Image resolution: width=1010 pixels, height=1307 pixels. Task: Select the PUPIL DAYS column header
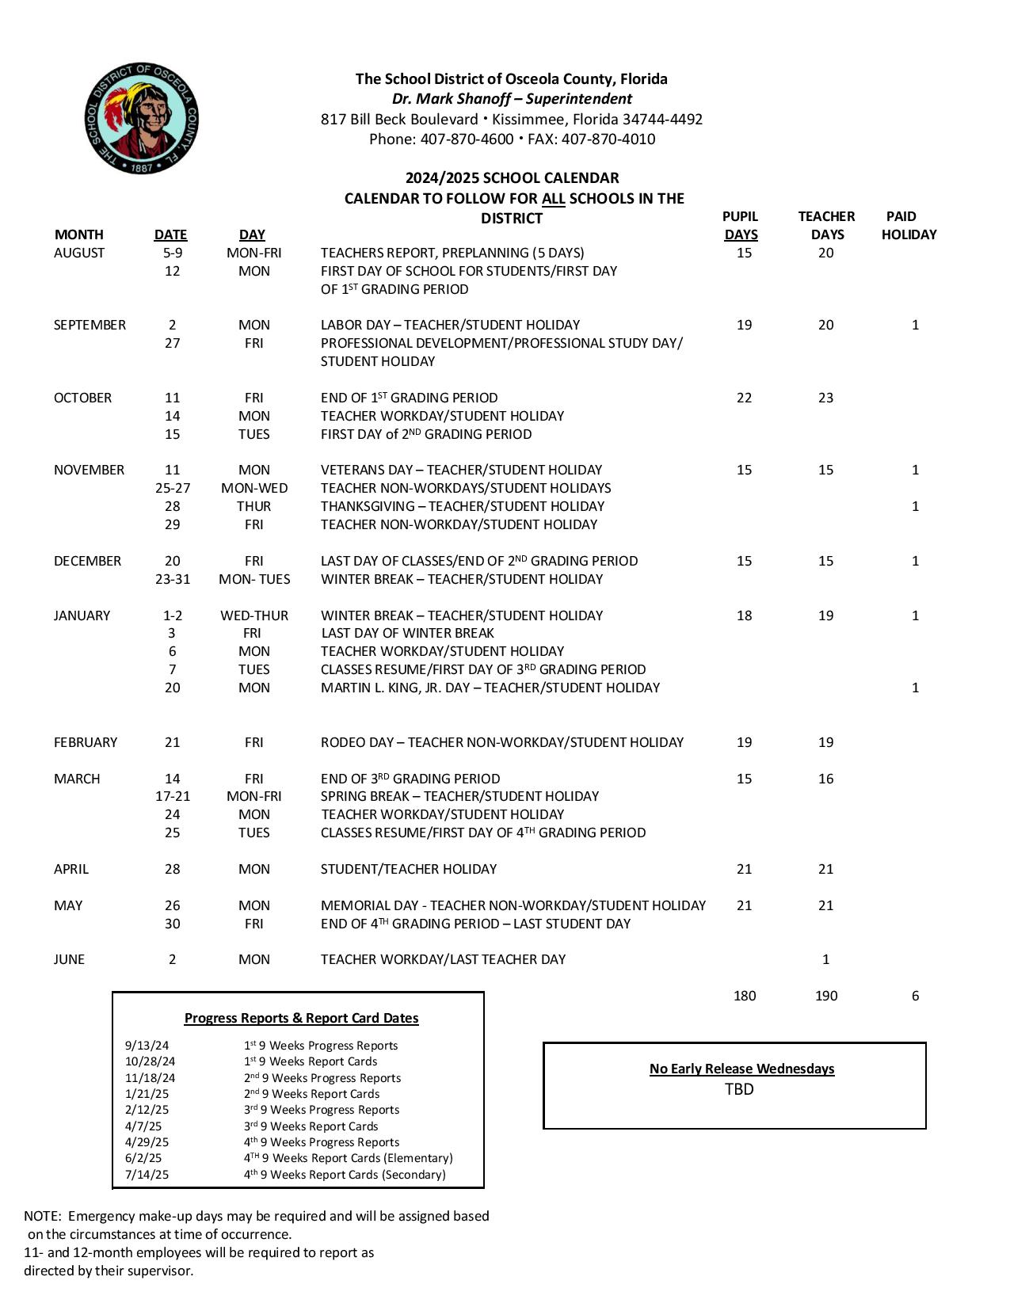pos(741,226)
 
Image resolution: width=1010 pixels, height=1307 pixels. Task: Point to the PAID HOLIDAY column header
pos(908,226)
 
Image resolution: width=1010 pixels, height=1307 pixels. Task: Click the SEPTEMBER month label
pos(90,326)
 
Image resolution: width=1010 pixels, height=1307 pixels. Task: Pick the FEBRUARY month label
pos(86,743)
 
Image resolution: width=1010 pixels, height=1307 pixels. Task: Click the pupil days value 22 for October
pos(744,398)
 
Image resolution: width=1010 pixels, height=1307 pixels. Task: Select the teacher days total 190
pos(825,996)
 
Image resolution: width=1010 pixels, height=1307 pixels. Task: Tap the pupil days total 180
pos(744,996)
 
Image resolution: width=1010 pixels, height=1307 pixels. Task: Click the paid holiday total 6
pos(915,996)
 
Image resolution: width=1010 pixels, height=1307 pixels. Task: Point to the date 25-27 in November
pos(173,489)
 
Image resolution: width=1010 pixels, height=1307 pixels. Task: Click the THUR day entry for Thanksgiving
pos(253,507)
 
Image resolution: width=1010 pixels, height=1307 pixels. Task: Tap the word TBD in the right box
pos(739,1090)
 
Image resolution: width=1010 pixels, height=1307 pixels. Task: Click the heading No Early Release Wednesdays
pos(741,1069)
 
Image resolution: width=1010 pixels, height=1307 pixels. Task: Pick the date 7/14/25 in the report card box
pos(147,1176)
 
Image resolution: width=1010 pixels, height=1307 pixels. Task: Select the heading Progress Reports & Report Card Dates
pos(301,1019)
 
